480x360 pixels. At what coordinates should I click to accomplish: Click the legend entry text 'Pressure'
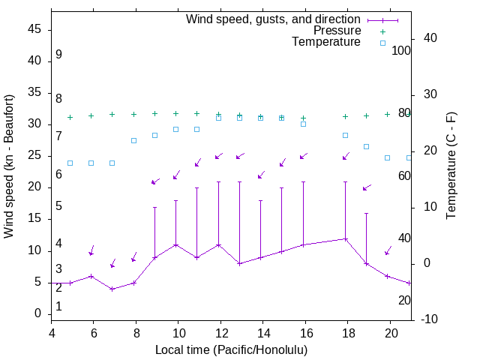337,31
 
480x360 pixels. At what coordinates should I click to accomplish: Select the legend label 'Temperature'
326,42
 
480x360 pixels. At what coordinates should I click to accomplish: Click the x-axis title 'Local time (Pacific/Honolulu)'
231,349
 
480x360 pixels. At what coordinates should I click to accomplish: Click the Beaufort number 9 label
58,55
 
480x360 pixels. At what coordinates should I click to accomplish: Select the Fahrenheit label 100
402,50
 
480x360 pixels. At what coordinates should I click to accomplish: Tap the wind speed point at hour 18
346,238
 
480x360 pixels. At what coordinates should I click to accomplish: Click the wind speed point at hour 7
112,289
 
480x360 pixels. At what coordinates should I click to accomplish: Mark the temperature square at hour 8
133,140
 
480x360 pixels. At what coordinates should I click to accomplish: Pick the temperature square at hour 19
366,146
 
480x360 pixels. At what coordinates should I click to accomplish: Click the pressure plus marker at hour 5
70,117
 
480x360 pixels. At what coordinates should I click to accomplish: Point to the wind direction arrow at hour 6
91,250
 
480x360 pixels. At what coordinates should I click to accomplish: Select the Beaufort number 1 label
58,306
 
